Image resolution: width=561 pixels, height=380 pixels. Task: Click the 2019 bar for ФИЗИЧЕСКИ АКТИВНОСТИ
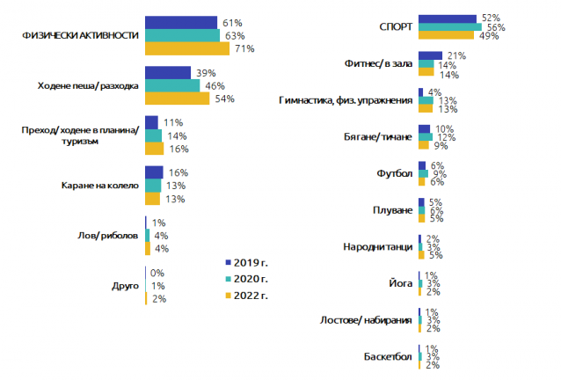180,22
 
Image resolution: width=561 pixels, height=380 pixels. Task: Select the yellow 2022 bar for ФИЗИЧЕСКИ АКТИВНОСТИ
187,48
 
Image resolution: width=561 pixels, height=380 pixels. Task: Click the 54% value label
225,99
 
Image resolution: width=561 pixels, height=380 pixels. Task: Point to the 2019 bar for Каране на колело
153,172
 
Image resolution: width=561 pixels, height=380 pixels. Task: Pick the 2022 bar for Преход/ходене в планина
154,149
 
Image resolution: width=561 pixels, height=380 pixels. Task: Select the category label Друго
125,286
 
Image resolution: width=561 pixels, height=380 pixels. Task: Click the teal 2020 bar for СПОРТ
449,27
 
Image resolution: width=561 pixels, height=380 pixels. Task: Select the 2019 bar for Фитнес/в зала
431,55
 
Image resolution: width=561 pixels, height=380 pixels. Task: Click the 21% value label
455,55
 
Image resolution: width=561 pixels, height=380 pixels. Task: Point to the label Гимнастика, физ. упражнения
344,100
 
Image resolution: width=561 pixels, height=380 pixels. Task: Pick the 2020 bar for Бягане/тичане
425,137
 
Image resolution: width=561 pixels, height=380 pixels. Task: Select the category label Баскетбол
388,357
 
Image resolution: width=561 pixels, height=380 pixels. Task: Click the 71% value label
244,49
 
